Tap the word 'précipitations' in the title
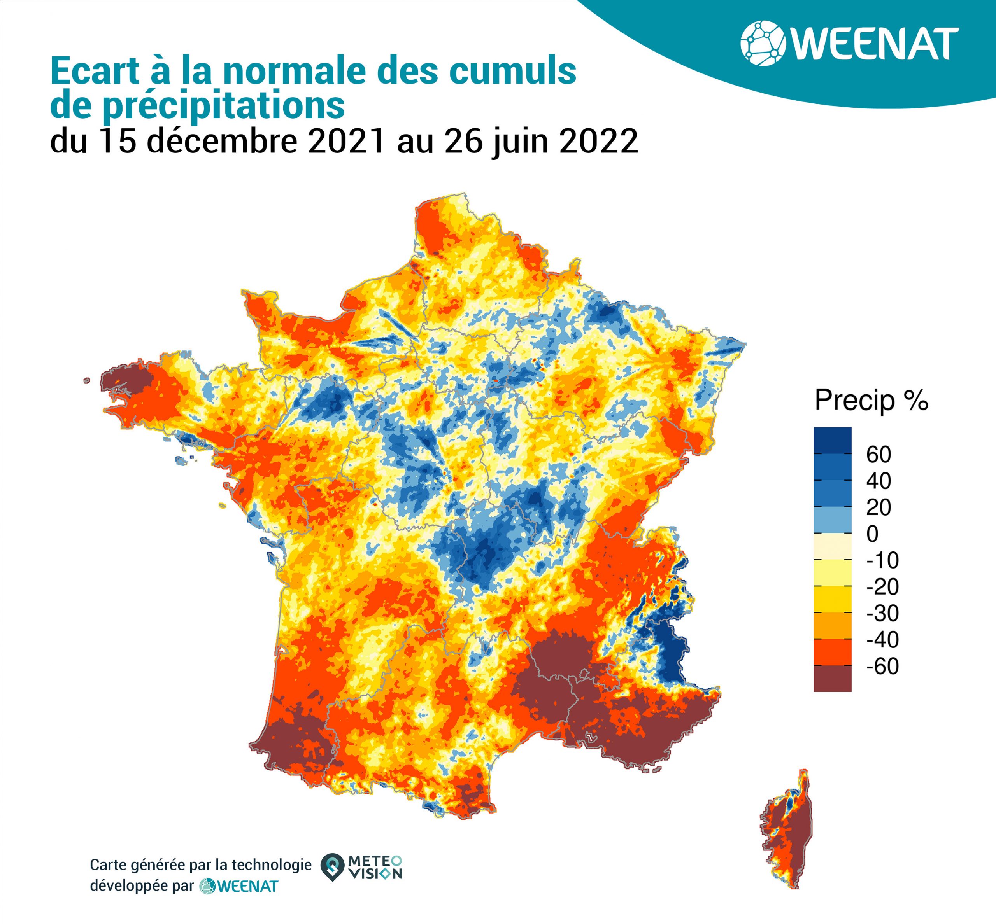pos(224,106)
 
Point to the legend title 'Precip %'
pos(871,400)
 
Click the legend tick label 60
pos(879,455)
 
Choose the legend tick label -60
pos(882,666)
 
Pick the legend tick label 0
pos(872,534)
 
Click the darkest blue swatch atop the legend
pos(833,440)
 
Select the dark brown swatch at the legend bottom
pos(833,679)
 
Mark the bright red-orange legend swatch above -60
pos(833,652)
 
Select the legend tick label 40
pos(879,481)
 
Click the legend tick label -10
pos(882,560)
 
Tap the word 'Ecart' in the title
pos(95,71)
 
